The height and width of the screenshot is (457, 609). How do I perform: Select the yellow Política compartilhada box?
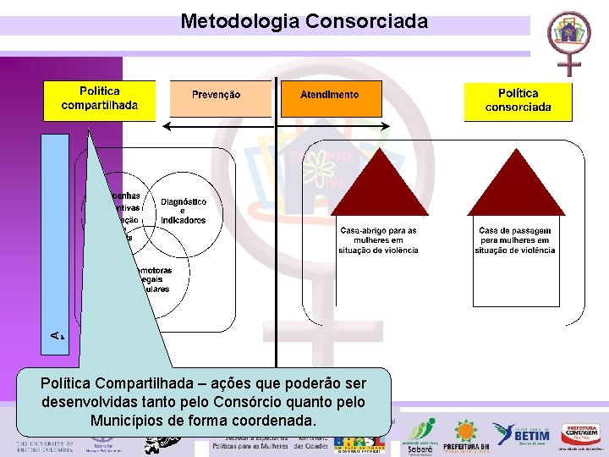100,100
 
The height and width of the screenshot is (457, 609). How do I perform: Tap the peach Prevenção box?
216,96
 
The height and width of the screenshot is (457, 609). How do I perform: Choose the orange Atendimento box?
329,96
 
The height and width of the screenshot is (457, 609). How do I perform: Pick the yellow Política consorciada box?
518,101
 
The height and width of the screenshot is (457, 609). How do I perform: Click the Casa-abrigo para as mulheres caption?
377,240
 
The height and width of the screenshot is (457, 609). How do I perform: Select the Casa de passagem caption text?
514,240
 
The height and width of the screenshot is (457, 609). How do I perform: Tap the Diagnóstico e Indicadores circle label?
184,211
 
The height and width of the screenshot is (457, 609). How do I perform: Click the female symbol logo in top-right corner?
568,41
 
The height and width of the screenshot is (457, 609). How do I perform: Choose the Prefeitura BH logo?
464,434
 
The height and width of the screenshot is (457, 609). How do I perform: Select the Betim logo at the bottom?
521,434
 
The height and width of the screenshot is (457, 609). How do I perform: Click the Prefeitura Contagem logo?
581,434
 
